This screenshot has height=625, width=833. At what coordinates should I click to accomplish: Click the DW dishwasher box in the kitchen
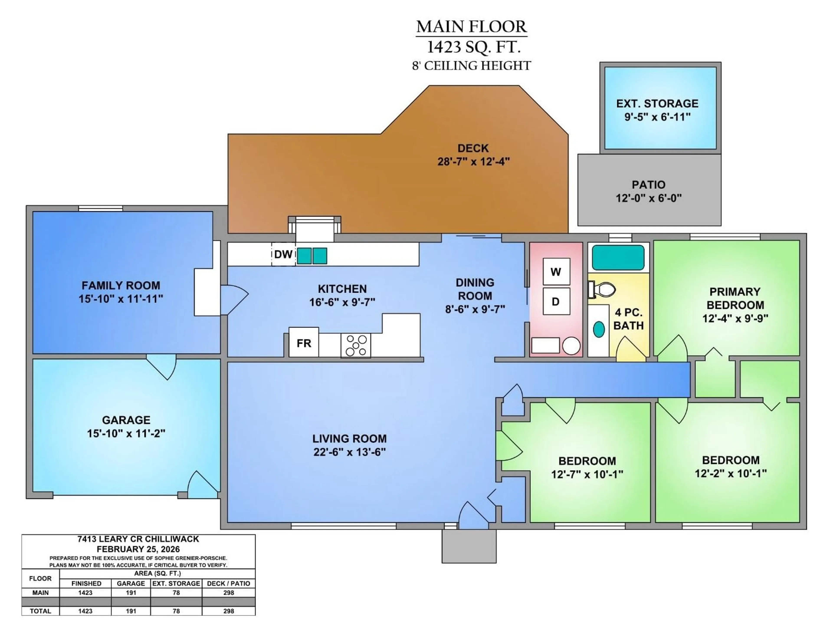click(283, 254)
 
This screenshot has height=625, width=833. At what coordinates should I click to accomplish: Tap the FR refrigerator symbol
click(303, 343)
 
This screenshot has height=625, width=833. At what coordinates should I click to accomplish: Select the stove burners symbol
click(356, 345)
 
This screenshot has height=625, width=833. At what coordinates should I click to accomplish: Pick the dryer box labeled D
click(556, 301)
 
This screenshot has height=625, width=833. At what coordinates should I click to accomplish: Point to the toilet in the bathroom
click(603, 289)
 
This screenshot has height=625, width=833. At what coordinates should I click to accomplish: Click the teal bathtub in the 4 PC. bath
click(618, 257)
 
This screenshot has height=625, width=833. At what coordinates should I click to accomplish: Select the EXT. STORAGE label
click(657, 103)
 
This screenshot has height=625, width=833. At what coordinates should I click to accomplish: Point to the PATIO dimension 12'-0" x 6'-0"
click(648, 198)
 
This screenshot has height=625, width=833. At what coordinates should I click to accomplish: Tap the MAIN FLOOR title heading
click(471, 26)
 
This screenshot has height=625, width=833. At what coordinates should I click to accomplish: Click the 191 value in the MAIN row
click(131, 593)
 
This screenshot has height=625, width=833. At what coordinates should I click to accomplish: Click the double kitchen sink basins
click(312, 256)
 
